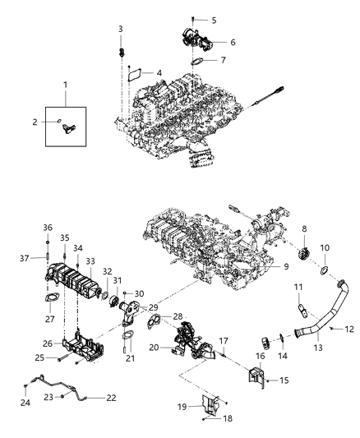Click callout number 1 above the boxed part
67,85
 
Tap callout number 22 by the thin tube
112,397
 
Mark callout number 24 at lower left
25,403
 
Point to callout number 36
48,228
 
